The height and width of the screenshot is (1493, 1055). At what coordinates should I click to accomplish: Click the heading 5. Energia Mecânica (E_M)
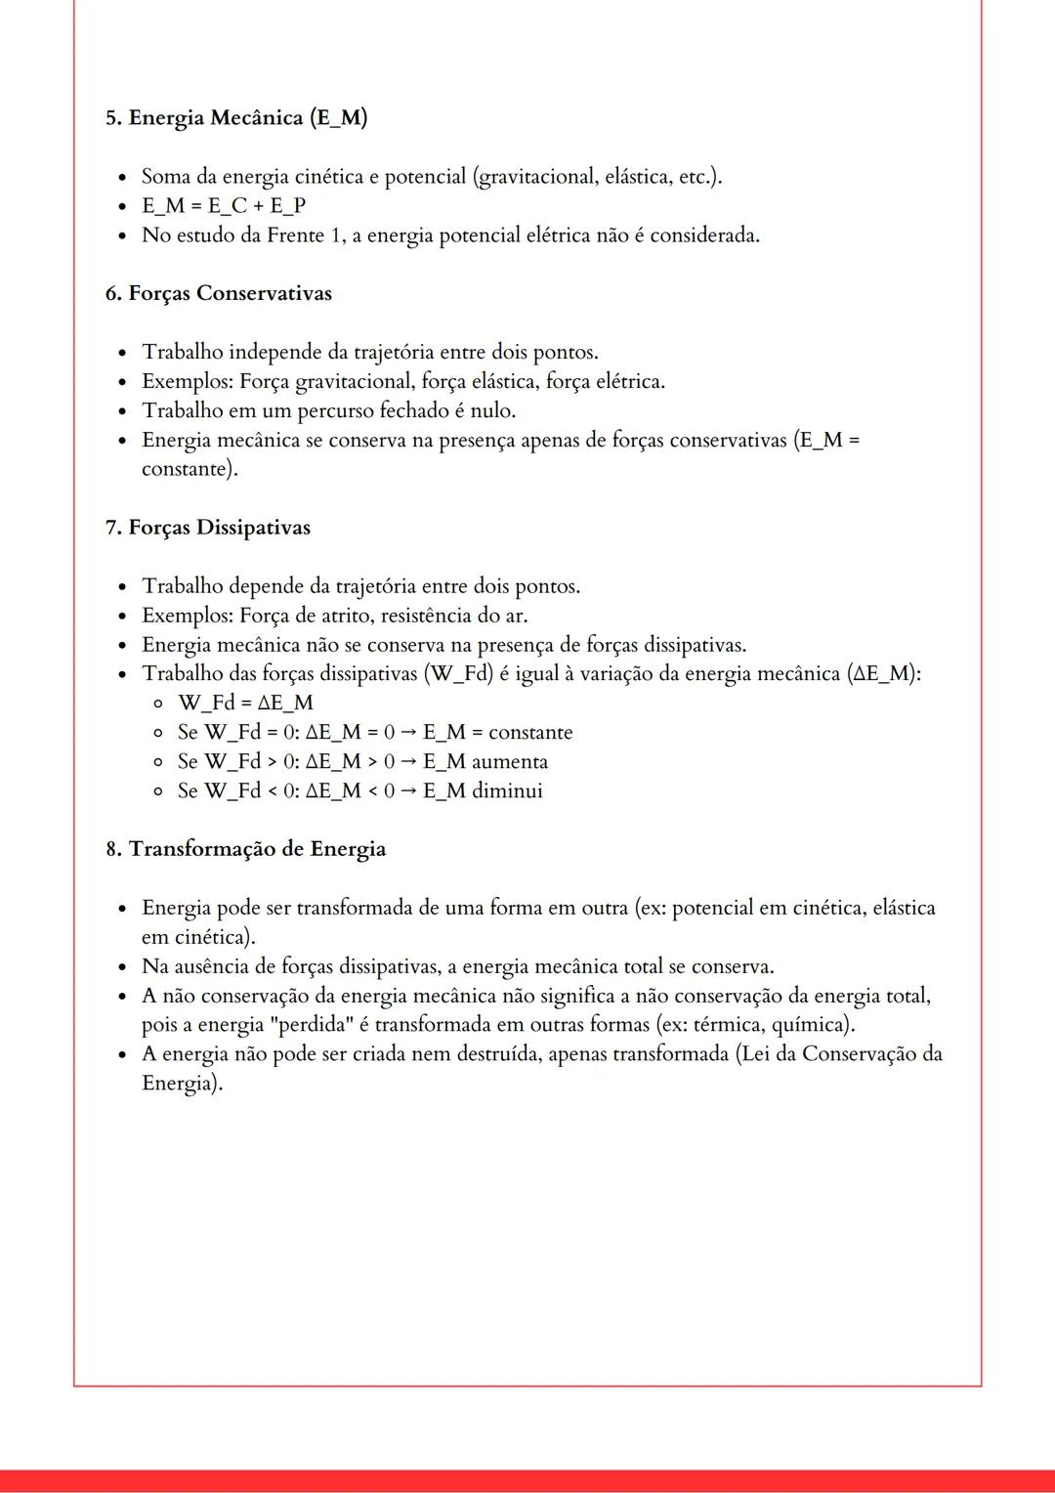click(x=236, y=118)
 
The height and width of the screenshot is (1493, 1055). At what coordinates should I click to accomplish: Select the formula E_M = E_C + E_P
click(x=224, y=206)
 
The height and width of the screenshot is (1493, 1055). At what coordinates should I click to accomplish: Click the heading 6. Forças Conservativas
click(x=219, y=294)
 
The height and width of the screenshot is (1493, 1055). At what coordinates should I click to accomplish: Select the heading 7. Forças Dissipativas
click(x=208, y=528)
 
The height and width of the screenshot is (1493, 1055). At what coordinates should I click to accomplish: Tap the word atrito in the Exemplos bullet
click(x=342, y=616)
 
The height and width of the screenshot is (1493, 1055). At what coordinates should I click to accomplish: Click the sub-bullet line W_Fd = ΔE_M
click(x=245, y=704)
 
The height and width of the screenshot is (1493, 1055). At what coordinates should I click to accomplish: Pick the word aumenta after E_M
click(x=509, y=762)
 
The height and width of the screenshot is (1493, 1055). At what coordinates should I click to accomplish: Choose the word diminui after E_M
click(x=507, y=791)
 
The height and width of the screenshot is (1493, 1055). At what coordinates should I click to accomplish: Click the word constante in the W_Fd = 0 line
click(x=530, y=733)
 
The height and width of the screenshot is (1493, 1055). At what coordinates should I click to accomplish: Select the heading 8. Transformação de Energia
click(x=246, y=849)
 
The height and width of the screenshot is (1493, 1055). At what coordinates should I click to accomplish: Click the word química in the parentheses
click(x=811, y=1025)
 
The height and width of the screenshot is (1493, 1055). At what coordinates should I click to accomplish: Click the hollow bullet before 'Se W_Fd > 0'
click(x=157, y=762)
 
